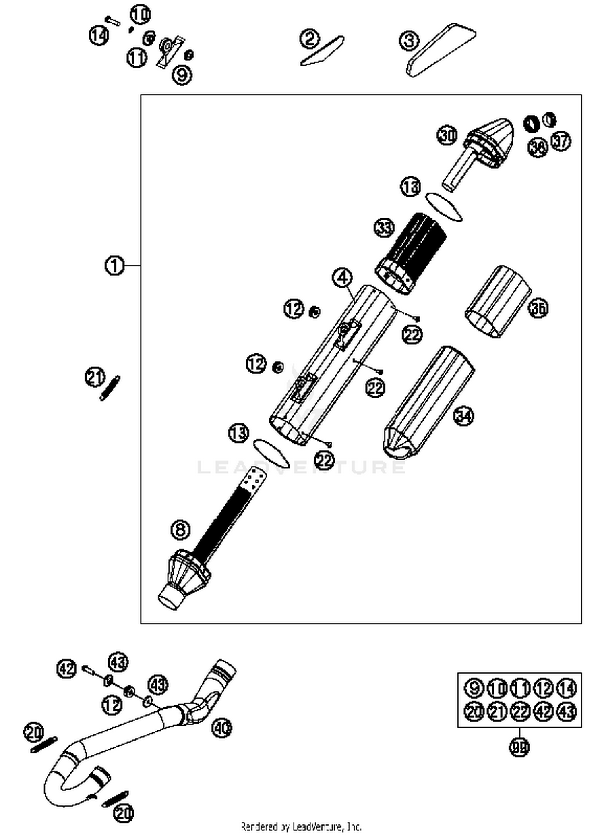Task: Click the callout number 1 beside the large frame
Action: [x=114, y=266]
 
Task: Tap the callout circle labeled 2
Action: [x=310, y=39]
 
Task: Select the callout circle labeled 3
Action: [x=409, y=41]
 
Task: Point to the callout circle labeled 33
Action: [x=384, y=228]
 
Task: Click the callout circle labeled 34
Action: [x=463, y=415]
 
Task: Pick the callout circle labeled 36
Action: [x=538, y=308]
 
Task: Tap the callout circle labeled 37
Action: [x=561, y=141]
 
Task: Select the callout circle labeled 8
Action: [x=180, y=529]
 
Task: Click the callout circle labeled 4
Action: [x=342, y=278]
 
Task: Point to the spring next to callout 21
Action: [x=110, y=388]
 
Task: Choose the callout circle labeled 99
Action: [x=519, y=748]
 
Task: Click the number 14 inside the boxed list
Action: [x=567, y=688]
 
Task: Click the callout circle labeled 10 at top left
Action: [x=140, y=15]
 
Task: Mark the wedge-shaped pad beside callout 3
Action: [x=441, y=50]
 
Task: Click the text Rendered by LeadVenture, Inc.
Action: [x=301, y=827]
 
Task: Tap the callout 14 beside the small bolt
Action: [x=99, y=35]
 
